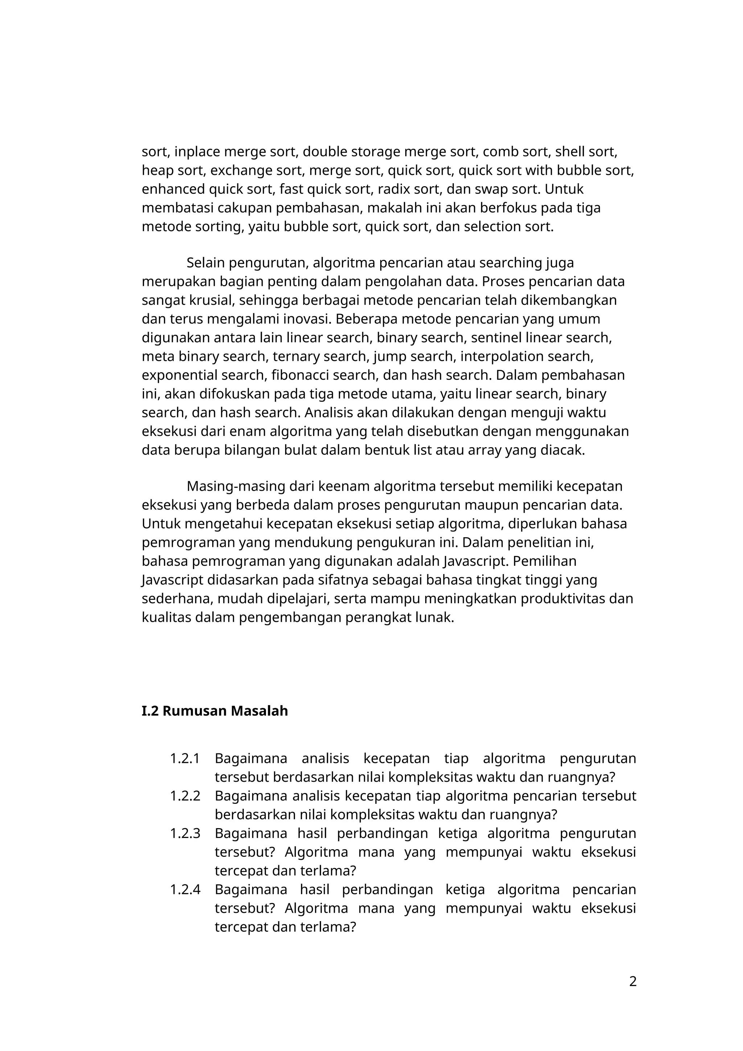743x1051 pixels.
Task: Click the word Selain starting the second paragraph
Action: [205, 263]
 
